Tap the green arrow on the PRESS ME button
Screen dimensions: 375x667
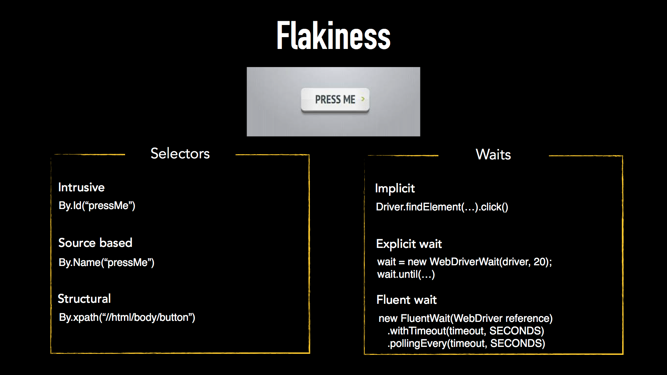click(x=363, y=99)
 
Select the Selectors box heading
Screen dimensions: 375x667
click(x=180, y=153)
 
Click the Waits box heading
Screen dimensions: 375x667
click(x=493, y=155)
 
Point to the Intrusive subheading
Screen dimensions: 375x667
click(x=81, y=187)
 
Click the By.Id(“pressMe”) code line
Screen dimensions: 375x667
click(x=97, y=206)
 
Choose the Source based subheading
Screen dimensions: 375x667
click(x=95, y=243)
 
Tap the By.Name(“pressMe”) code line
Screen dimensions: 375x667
click(x=106, y=262)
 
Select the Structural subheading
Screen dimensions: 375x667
click(x=84, y=299)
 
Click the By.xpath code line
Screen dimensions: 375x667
click(x=127, y=317)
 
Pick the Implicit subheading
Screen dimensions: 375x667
click(x=395, y=189)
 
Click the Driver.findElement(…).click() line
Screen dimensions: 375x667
click(x=442, y=207)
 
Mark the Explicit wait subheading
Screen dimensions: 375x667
click(x=409, y=244)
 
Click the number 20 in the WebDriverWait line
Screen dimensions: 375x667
click(x=540, y=262)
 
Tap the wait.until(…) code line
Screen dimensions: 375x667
click(x=406, y=275)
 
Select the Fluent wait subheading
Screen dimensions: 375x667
click(x=406, y=300)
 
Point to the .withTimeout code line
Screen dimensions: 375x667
click(x=466, y=331)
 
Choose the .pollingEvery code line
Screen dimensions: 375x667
click(x=466, y=343)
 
